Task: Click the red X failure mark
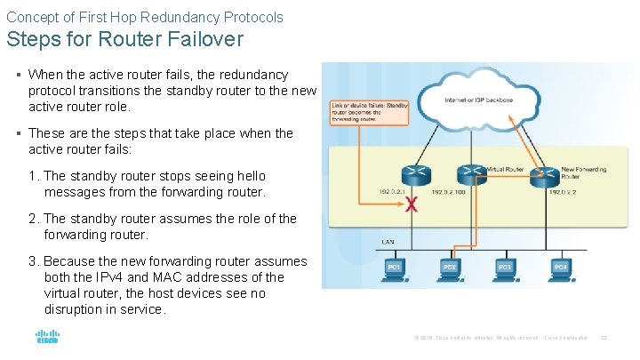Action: [x=410, y=204]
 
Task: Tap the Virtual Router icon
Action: [x=467, y=173]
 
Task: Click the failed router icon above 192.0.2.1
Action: [x=414, y=173]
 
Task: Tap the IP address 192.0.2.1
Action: [x=391, y=192]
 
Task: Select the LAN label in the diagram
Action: [x=388, y=241]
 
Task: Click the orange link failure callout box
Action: [x=357, y=113]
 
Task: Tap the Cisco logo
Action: [x=47, y=338]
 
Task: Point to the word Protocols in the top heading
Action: [x=252, y=17]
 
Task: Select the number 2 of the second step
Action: [x=33, y=219]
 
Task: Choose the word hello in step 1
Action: [x=246, y=176]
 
